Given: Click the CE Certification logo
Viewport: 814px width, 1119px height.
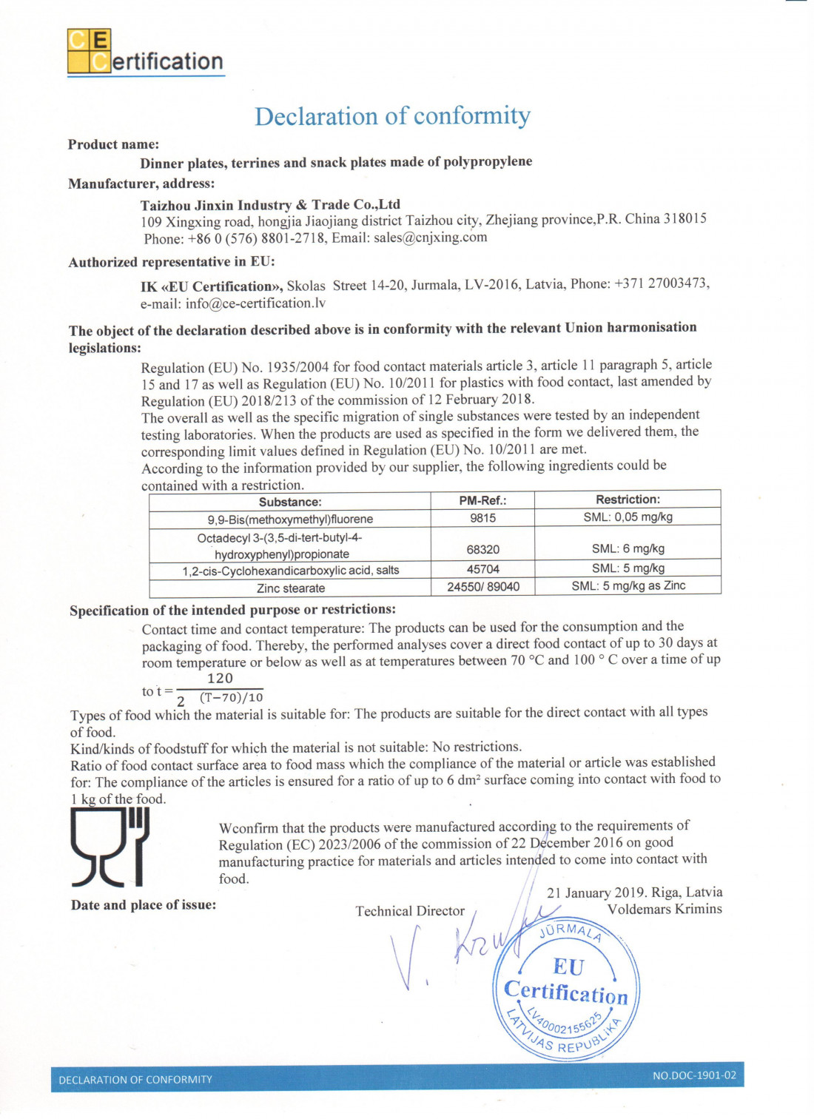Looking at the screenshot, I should (145, 53).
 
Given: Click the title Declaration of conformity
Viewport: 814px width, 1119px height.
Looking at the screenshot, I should (392, 116).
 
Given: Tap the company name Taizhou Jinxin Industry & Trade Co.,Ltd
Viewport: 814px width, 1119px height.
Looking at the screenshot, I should (270, 205).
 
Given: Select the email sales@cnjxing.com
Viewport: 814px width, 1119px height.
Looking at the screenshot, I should (430, 238).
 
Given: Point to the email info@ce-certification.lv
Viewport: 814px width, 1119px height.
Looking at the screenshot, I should (255, 303).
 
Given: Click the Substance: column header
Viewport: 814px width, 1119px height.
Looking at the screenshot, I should (290, 502).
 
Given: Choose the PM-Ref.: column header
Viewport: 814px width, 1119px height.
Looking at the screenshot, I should (482, 500).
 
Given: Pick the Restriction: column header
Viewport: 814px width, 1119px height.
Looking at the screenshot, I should (628, 500).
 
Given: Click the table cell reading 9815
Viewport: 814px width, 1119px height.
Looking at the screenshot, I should (482, 518).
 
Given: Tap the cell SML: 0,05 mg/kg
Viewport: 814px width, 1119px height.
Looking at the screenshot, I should (628, 517).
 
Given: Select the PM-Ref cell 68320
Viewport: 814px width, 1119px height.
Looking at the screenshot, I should (482, 549).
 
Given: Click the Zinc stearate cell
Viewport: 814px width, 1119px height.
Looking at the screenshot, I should (290, 588).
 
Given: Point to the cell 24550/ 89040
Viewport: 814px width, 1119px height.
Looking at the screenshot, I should (483, 587).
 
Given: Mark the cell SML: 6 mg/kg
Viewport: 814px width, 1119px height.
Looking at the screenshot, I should (628, 548).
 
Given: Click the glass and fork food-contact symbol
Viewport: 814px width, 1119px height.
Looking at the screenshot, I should (110, 847).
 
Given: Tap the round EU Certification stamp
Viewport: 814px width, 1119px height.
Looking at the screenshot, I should (566, 991).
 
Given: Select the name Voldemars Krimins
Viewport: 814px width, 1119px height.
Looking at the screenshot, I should (664, 910).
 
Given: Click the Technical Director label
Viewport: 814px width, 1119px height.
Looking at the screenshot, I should (410, 911).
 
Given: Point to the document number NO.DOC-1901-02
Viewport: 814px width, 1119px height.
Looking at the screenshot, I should (694, 1075).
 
